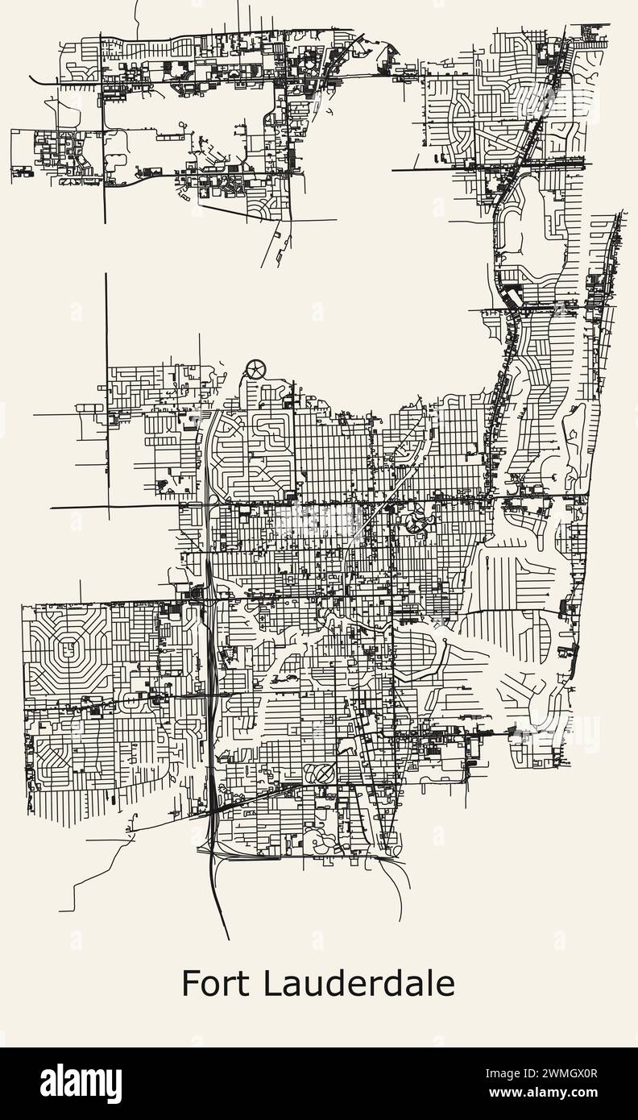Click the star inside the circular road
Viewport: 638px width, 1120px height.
(255, 370)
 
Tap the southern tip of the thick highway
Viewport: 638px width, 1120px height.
(229, 939)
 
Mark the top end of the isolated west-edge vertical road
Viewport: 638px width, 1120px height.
(106, 275)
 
